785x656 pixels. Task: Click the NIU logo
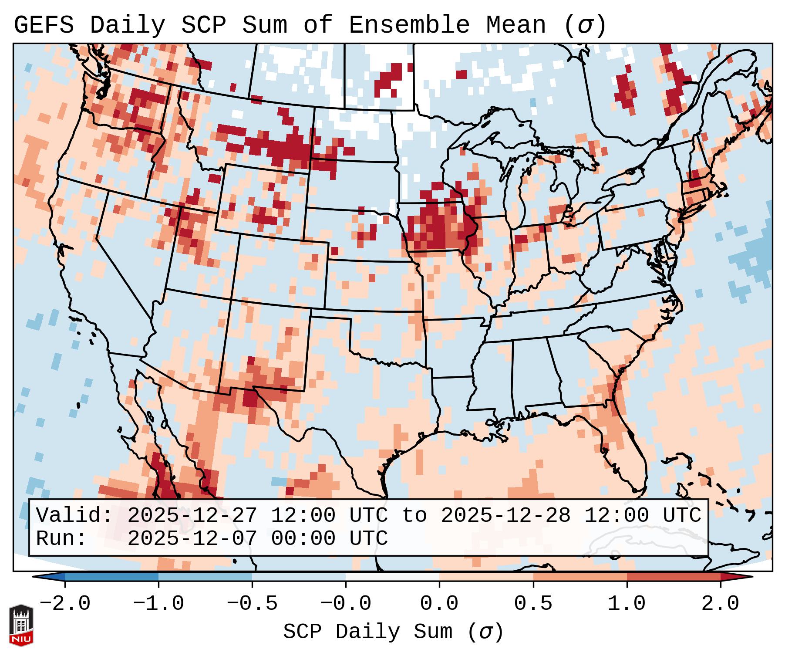tap(21, 625)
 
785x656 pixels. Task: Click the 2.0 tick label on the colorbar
tap(720, 603)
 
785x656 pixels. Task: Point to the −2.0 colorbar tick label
tap(65, 603)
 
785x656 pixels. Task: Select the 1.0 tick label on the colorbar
tap(627, 603)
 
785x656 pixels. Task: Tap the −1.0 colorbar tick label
tap(158, 603)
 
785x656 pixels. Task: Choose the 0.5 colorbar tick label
tap(533, 603)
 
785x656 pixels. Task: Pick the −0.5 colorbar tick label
tap(252, 603)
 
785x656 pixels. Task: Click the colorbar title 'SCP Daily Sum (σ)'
tap(393, 632)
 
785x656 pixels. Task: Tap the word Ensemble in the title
tap(409, 25)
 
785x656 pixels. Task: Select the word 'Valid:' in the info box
tap(74, 515)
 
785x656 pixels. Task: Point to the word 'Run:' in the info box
tap(61, 538)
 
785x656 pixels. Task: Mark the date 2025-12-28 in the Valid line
tap(505, 515)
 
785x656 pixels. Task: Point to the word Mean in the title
tap(515, 25)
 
